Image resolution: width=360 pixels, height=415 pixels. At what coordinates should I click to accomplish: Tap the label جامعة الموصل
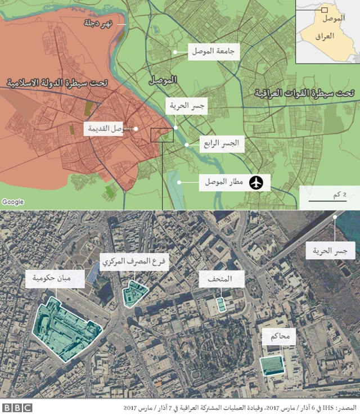tap(214, 51)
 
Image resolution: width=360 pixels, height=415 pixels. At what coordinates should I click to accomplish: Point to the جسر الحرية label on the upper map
tap(186, 105)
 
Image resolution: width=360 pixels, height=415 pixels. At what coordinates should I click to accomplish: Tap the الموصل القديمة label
tap(110, 129)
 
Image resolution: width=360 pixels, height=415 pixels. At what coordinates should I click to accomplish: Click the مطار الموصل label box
tap(223, 182)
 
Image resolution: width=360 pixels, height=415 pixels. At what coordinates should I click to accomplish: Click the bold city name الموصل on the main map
tap(163, 80)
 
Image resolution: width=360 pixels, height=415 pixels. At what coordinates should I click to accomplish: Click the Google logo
tap(12, 202)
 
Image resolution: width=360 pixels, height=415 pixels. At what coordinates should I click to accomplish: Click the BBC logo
tap(16, 408)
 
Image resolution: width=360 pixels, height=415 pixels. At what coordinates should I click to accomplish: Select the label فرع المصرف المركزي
tap(135, 262)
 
